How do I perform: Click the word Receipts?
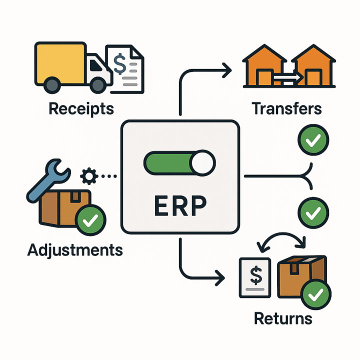pos(81,108)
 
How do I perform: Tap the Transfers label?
pos(286,108)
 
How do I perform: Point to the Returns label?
pos(283,318)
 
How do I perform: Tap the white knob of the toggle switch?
pos(202,163)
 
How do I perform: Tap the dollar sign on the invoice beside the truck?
pos(120,64)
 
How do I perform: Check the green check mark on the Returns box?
pos(315,295)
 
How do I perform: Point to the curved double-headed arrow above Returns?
pos(279,241)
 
